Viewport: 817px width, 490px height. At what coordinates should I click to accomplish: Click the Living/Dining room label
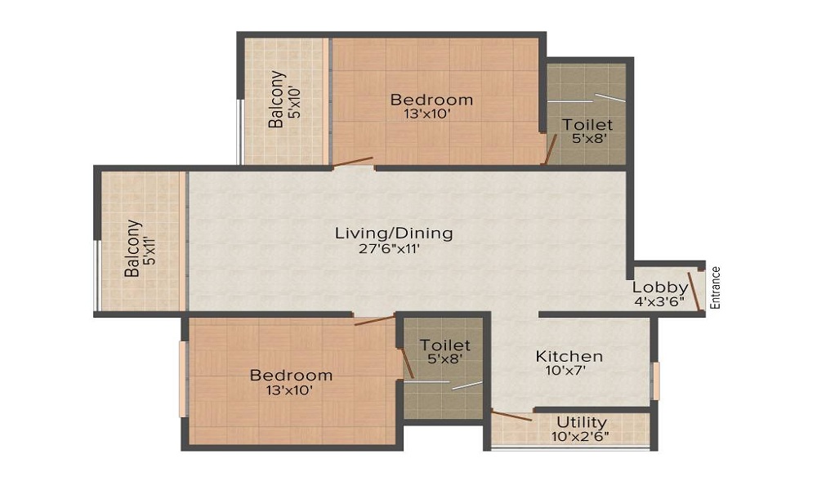point(394,234)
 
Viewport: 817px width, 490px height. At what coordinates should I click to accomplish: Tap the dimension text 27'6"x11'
point(394,250)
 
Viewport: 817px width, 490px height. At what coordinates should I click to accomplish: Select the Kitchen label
point(569,357)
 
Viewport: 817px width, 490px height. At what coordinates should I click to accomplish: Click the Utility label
point(582,422)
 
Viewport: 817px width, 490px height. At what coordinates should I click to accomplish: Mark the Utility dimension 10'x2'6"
point(582,436)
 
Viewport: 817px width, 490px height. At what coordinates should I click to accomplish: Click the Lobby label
point(660,287)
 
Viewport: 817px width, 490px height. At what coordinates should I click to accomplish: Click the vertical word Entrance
point(716,287)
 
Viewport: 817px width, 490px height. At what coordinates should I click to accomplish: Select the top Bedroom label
point(431,100)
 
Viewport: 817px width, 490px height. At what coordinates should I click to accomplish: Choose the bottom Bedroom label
point(291,376)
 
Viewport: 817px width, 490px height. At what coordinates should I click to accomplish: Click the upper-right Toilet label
point(587,125)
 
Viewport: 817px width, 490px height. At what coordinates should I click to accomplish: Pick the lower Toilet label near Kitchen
point(445,345)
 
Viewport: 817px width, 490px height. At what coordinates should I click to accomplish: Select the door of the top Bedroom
point(353,162)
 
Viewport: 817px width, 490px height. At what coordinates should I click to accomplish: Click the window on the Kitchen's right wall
point(655,381)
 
